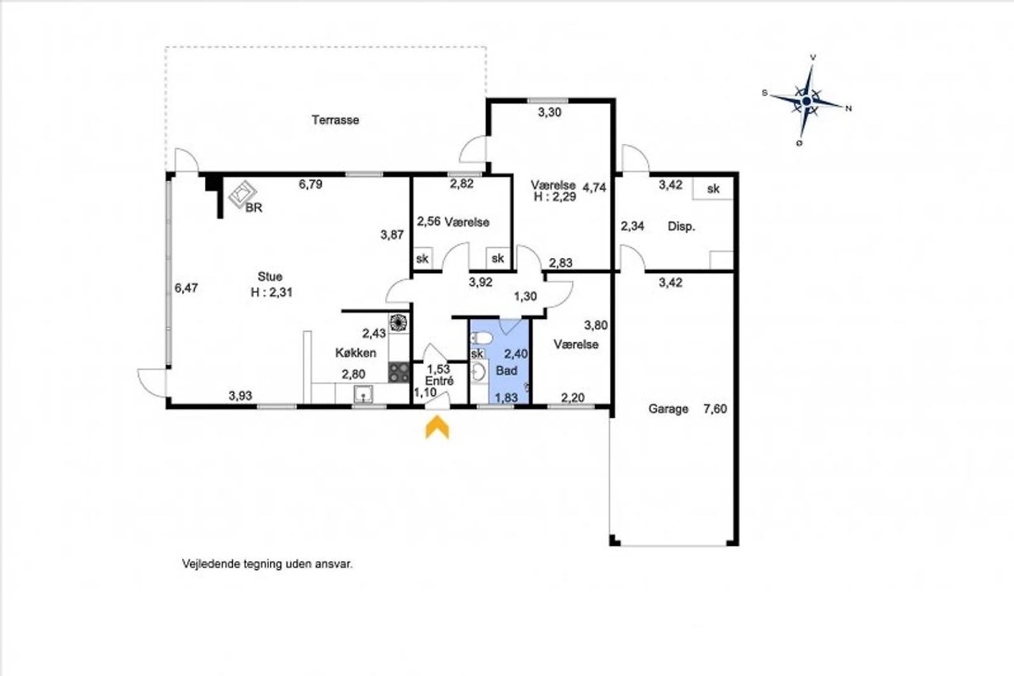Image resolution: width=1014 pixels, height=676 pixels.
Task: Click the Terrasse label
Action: tap(335, 120)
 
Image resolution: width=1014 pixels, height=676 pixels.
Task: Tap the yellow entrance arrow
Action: tap(436, 427)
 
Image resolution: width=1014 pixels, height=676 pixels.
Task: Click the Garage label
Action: tap(668, 409)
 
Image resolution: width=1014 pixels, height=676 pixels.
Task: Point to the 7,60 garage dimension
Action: tap(715, 409)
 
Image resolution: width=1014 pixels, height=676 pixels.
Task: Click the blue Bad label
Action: tap(506, 370)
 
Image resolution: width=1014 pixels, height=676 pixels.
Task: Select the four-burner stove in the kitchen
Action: tap(398, 372)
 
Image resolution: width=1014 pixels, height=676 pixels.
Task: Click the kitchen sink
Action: tap(363, 393)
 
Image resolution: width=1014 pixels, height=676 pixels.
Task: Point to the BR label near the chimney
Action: tap(253, 207)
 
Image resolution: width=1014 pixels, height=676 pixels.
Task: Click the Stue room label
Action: tap(270, 276)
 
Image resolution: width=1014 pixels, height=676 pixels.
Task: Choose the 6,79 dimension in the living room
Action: tap(311, 184)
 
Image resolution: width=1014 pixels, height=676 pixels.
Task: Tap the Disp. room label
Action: tap(681, 226)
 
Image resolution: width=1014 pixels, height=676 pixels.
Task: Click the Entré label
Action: tap(440, 381)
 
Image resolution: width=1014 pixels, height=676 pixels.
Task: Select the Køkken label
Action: tap(356, 353)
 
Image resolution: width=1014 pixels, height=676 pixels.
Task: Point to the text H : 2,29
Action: tap(555, 196)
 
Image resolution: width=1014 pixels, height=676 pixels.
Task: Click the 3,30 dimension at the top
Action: tap(550, 112)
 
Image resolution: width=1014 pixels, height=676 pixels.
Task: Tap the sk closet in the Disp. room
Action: tap(712, 188)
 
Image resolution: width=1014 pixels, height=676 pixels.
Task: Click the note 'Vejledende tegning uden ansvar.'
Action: tap(267, 564)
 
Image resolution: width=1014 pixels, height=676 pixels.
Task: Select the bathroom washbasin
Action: tap(478, 373)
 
